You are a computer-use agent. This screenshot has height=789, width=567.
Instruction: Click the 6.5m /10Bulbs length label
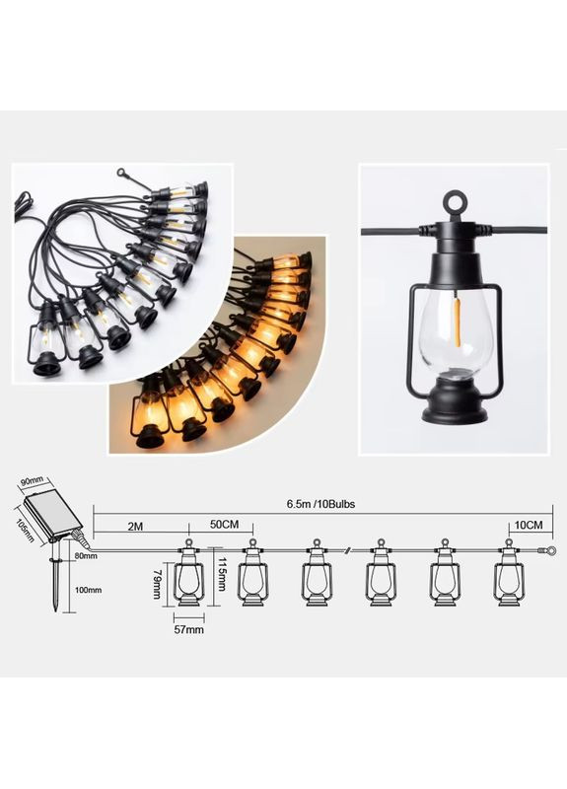click(320, 504)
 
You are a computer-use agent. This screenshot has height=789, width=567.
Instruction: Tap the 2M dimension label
click(135, 527)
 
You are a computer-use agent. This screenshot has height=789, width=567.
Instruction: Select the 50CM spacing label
click(224, 525)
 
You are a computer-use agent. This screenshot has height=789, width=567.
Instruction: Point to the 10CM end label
click(529, 526)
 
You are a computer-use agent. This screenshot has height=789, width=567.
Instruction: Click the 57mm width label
click(189, 629)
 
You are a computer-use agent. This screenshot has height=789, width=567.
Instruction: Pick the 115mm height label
click(221, 574)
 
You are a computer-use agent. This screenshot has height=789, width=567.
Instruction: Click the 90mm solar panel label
click(33, 481)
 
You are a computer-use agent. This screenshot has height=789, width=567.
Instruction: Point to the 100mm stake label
click(88, 590)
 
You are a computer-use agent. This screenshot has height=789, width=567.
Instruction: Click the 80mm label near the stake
click(86, 556)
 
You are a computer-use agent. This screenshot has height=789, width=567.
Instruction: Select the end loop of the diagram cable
click(551, 550)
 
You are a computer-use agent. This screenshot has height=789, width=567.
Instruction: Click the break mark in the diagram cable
click(348, 551)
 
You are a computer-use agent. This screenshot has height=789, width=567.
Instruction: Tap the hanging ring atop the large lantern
click(455, 202)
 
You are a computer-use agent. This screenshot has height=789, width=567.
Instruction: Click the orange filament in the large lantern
click(457, 323)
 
